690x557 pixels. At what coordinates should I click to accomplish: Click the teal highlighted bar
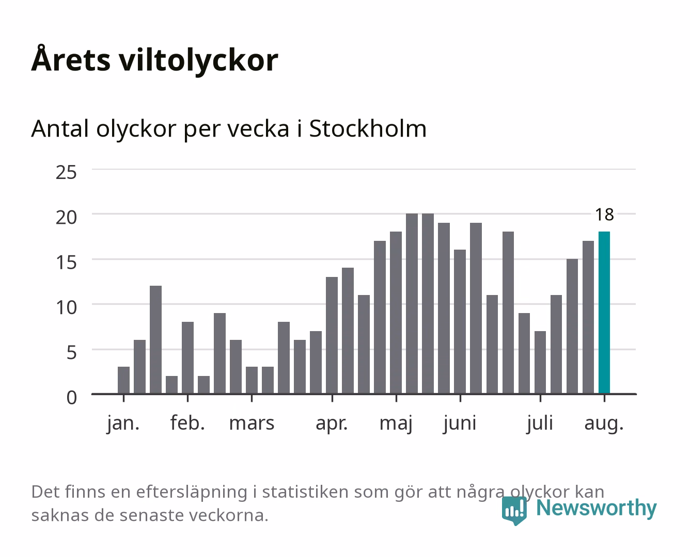pos(604,313)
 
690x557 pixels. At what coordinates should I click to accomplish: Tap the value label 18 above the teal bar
pos(604,215)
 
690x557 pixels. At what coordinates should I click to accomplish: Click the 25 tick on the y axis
pos(67,172)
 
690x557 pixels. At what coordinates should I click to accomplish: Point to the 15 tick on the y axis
pos(67,263)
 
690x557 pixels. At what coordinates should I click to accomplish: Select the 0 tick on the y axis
pos(72,398)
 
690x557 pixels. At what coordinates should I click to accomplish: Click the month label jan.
pos(123,423)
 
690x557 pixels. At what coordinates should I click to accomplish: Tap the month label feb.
pos(187,422)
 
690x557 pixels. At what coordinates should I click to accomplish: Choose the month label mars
pos(252,423)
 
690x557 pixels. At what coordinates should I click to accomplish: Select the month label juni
pos(460,423)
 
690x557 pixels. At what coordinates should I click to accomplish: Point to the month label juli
pos(540,423)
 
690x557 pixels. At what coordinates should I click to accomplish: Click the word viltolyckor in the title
pos(198,60)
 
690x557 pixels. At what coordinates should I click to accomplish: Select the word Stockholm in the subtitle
pos(368,129)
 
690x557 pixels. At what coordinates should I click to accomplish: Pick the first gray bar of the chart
pos(123,380)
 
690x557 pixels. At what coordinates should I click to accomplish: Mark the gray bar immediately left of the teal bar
pos(588,317)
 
